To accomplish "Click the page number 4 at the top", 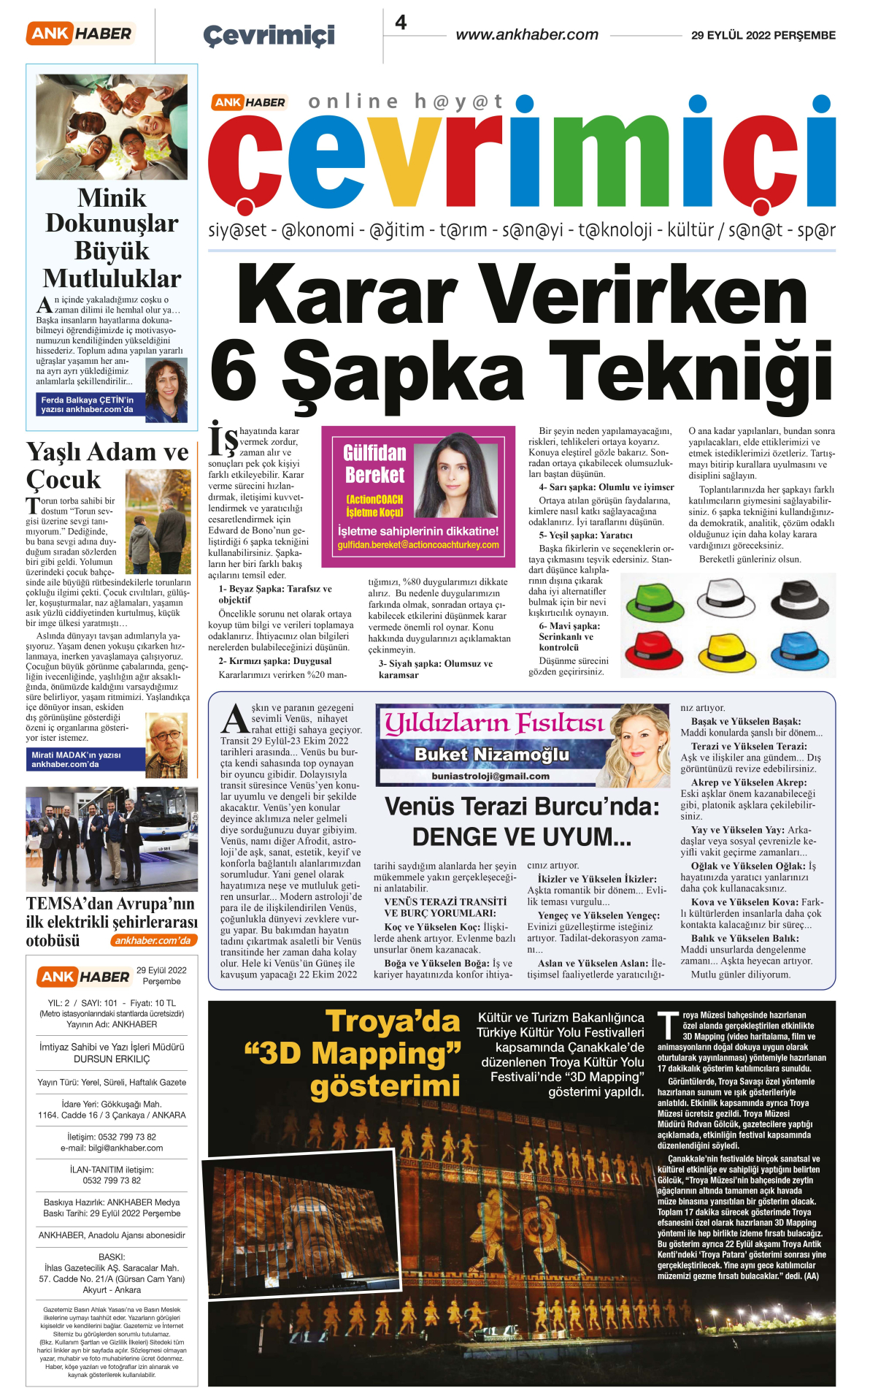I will pyautogui.click(x=401, y=23).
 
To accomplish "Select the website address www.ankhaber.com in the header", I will pyautogui.click(x=526, y=34).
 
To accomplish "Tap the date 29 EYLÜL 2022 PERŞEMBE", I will pyautogui.click(x=763, y=35).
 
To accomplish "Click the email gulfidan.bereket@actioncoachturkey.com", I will pyautogui.click(x=418, y=545).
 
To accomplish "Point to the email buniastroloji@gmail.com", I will pyautogui.click(x=490, y=776).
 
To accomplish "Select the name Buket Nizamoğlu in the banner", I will pyautogui.click(x=491, y=754).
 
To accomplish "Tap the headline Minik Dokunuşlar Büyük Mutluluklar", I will pyautogui.click(x=112, y=238).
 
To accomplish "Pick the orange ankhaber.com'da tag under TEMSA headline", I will pyautogui.click(x=153, y=941).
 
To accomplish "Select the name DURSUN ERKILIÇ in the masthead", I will pyautogui.click(x=112, y=1059).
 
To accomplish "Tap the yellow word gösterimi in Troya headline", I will pyautogui.click(x=385, y=1086).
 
